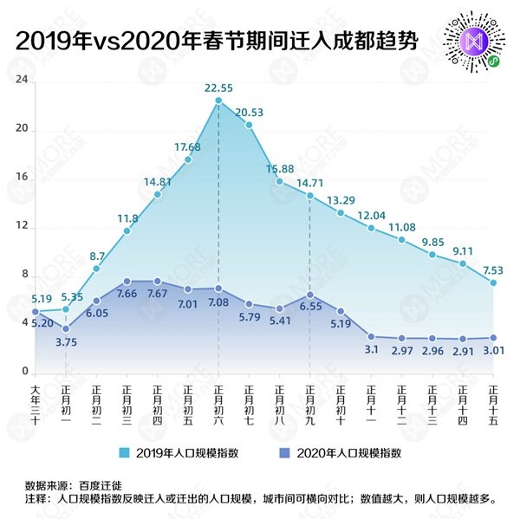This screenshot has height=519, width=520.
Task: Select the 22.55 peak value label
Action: pos(218,88)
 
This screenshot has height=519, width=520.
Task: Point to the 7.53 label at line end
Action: pos(492,269)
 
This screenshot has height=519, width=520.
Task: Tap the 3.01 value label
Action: pos(492,351)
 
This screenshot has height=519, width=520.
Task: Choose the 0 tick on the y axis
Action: pos(25,372)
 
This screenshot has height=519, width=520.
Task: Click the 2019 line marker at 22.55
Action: pos(218,101)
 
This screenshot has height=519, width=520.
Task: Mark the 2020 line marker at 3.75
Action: pos(66,328)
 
